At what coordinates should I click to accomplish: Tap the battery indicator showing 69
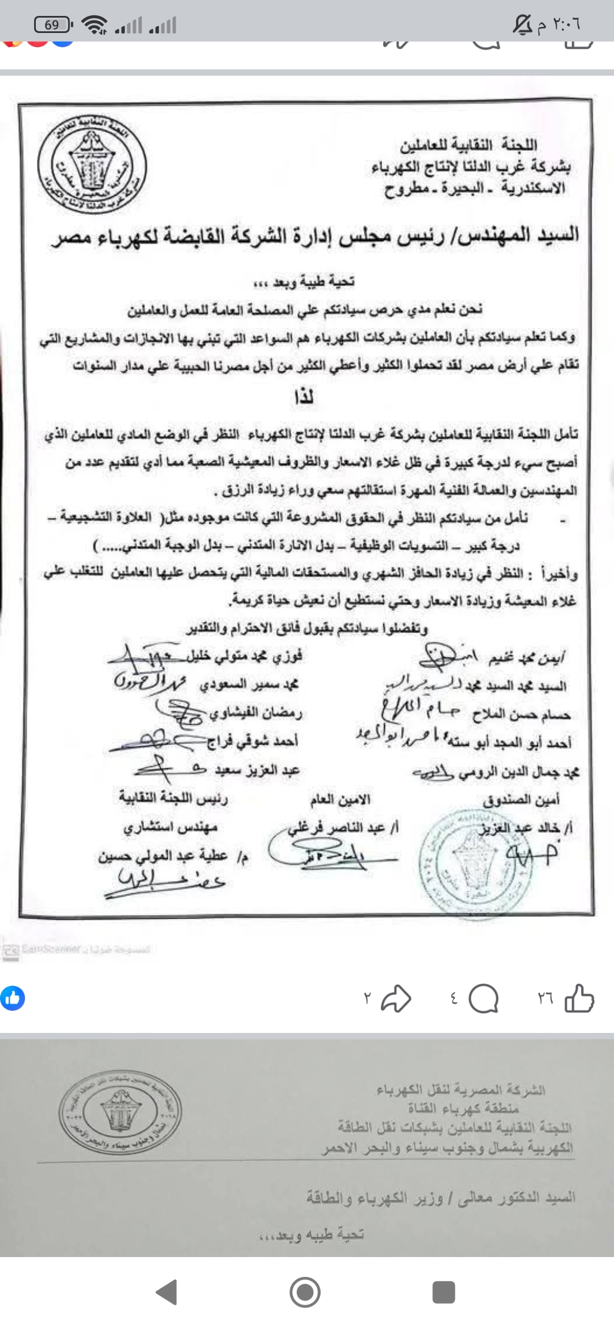[52, 24]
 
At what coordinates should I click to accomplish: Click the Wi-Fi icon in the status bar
[94, 24]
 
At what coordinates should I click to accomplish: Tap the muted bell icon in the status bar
[522, 24]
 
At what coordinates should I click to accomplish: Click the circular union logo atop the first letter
[92, 164]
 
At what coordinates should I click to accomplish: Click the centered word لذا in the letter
[304, 396]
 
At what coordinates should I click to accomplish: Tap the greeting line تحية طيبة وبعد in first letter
[304, 282]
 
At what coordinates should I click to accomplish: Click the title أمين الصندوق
[521, 800]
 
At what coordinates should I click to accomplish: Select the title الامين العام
[340, 800]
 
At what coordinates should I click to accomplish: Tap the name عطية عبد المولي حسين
[163, 856]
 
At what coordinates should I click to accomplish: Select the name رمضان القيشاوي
[256, 712]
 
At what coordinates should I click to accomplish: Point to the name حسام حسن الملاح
[521, 714]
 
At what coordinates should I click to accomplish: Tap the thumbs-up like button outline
[579, 998]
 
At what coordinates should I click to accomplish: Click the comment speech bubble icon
[484, 999]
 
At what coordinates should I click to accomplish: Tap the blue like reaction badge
[13, 998]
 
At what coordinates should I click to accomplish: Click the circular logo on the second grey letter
[121, 1110]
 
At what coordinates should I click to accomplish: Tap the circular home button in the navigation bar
[305, 1293]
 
